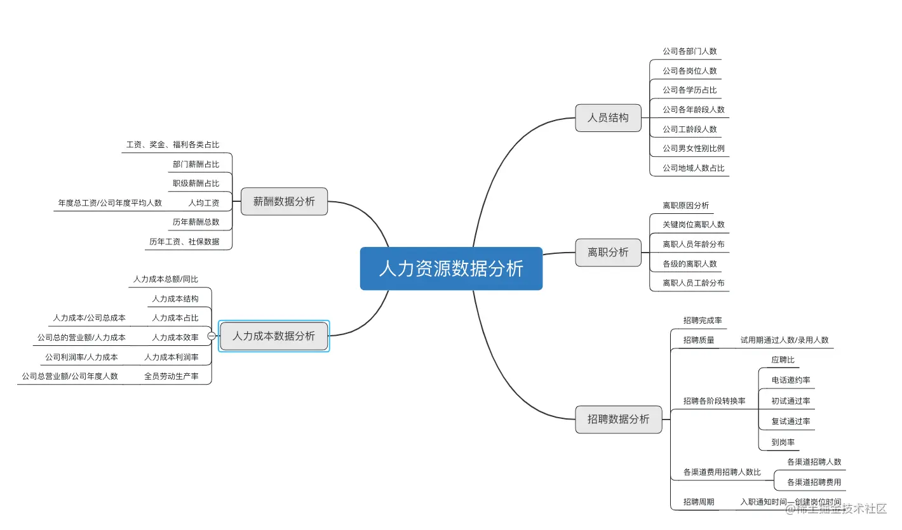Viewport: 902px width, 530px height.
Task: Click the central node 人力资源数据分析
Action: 451,268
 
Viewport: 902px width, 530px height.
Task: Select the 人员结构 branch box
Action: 608,118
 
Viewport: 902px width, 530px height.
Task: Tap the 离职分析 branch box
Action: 608,252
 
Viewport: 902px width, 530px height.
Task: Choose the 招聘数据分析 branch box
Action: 618,419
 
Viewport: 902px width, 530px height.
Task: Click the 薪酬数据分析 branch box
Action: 284,201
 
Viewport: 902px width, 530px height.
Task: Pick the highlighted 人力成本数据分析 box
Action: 274,336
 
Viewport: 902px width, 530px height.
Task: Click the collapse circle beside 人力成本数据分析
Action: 212,336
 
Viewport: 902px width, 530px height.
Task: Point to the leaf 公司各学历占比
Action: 689,90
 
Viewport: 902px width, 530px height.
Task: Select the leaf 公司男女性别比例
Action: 693,149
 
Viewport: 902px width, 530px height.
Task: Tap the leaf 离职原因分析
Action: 685,206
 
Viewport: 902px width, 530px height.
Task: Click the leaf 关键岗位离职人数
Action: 693,225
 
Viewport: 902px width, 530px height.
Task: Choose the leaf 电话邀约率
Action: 791,380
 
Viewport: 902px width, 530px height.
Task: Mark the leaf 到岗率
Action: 783,442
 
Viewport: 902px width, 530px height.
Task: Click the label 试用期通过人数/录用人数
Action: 784,340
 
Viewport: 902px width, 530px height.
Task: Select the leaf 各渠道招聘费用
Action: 814,482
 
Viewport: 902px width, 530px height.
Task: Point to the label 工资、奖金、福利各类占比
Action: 173,145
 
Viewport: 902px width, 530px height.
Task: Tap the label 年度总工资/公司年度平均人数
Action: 110,203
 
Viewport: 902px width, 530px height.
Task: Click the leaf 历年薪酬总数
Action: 196,222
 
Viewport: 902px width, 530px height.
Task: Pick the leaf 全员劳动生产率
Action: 172,376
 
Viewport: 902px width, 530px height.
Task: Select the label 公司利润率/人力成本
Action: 81,357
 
